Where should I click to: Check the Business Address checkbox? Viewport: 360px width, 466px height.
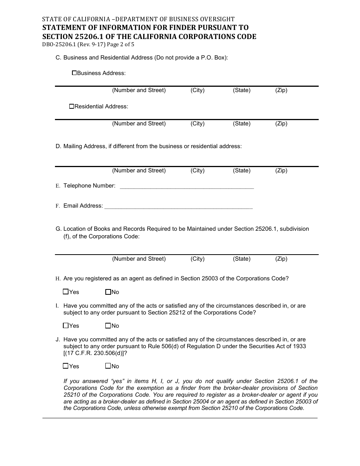click(x=74, y=73)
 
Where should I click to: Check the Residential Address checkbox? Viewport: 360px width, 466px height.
click(x=72, y=106)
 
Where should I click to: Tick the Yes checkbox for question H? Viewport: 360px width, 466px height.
click(x=66, y=292)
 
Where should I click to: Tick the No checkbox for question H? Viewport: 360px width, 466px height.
click(x=108, y=292)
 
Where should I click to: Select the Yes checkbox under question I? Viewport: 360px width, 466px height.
click(x=66, y=325)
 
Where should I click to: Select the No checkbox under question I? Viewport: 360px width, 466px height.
click(x=108, y=325)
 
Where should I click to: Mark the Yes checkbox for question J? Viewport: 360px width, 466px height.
click(x=66, y=366)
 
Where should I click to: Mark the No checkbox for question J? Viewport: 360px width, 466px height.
click(x=108, y=366)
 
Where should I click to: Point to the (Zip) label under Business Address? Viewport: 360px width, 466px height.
click(x=281, y=90)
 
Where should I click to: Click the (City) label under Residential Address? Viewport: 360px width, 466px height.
click(x=197, y=124)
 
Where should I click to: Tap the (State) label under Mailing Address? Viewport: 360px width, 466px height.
click(x=241, y=170)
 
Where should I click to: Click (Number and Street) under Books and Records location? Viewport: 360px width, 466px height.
click(x=139, y=259)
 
